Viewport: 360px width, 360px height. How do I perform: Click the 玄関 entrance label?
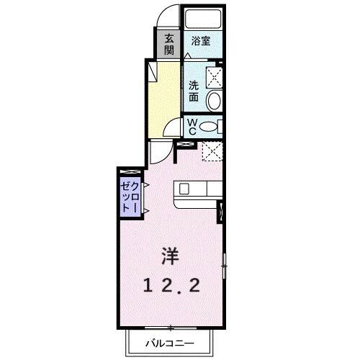point(168,44)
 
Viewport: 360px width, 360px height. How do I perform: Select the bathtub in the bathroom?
point(202,19)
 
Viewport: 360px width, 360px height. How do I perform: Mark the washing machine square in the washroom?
point(213,76)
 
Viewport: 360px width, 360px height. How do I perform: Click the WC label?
point(192,127)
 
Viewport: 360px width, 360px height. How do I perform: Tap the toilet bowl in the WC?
point(209,127)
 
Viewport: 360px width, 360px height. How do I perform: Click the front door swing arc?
point(166,15)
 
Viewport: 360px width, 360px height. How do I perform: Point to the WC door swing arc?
point(171,129)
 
